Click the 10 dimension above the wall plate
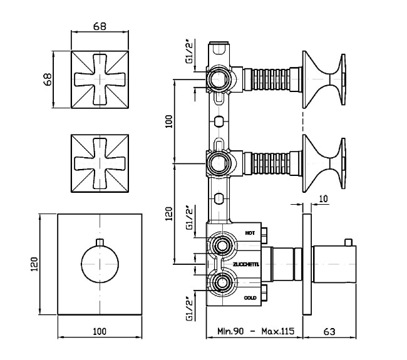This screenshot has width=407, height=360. [322, 199]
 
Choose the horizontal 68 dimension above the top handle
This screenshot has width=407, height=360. [100, 26]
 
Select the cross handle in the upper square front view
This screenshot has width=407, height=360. [100, 80]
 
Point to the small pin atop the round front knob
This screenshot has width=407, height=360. [100, 242]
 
